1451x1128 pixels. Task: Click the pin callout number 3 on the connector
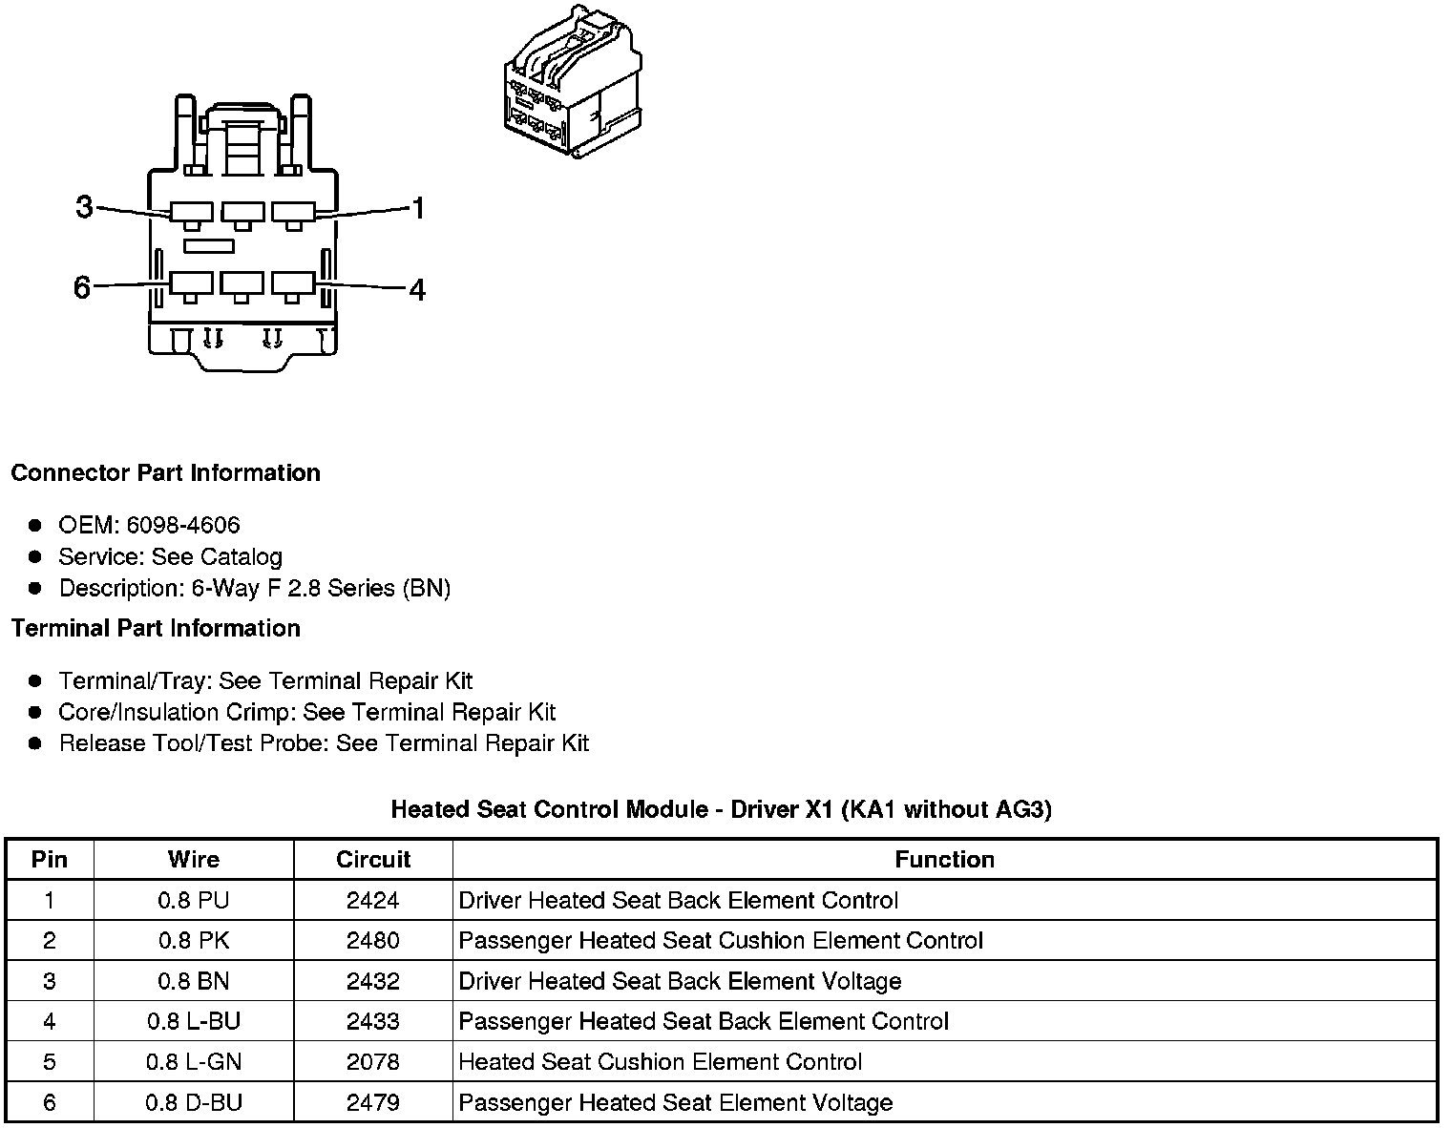(84, 206)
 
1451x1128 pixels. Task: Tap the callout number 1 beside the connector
(417, 208)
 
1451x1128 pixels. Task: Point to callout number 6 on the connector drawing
(82, 286)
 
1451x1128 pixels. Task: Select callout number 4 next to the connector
(417, 289)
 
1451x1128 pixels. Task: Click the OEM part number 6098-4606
(182, 525)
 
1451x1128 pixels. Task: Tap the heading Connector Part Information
(165, 473)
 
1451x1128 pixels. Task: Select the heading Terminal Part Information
(156, 628)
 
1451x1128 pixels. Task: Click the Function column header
(944, 860)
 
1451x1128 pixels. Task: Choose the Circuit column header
(373, 860)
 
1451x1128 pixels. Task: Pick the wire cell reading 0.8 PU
(194, 900)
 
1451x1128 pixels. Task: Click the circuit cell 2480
(373, 941)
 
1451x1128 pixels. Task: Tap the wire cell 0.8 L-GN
(194, 1062)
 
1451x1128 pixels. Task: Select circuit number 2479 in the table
(373, 1103)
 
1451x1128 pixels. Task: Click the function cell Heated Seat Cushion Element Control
(661, 1062)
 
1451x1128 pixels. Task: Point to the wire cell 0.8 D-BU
(194, 1103)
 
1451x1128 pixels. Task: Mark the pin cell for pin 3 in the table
(50, 981)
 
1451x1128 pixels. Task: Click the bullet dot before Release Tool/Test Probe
(35, 743)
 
